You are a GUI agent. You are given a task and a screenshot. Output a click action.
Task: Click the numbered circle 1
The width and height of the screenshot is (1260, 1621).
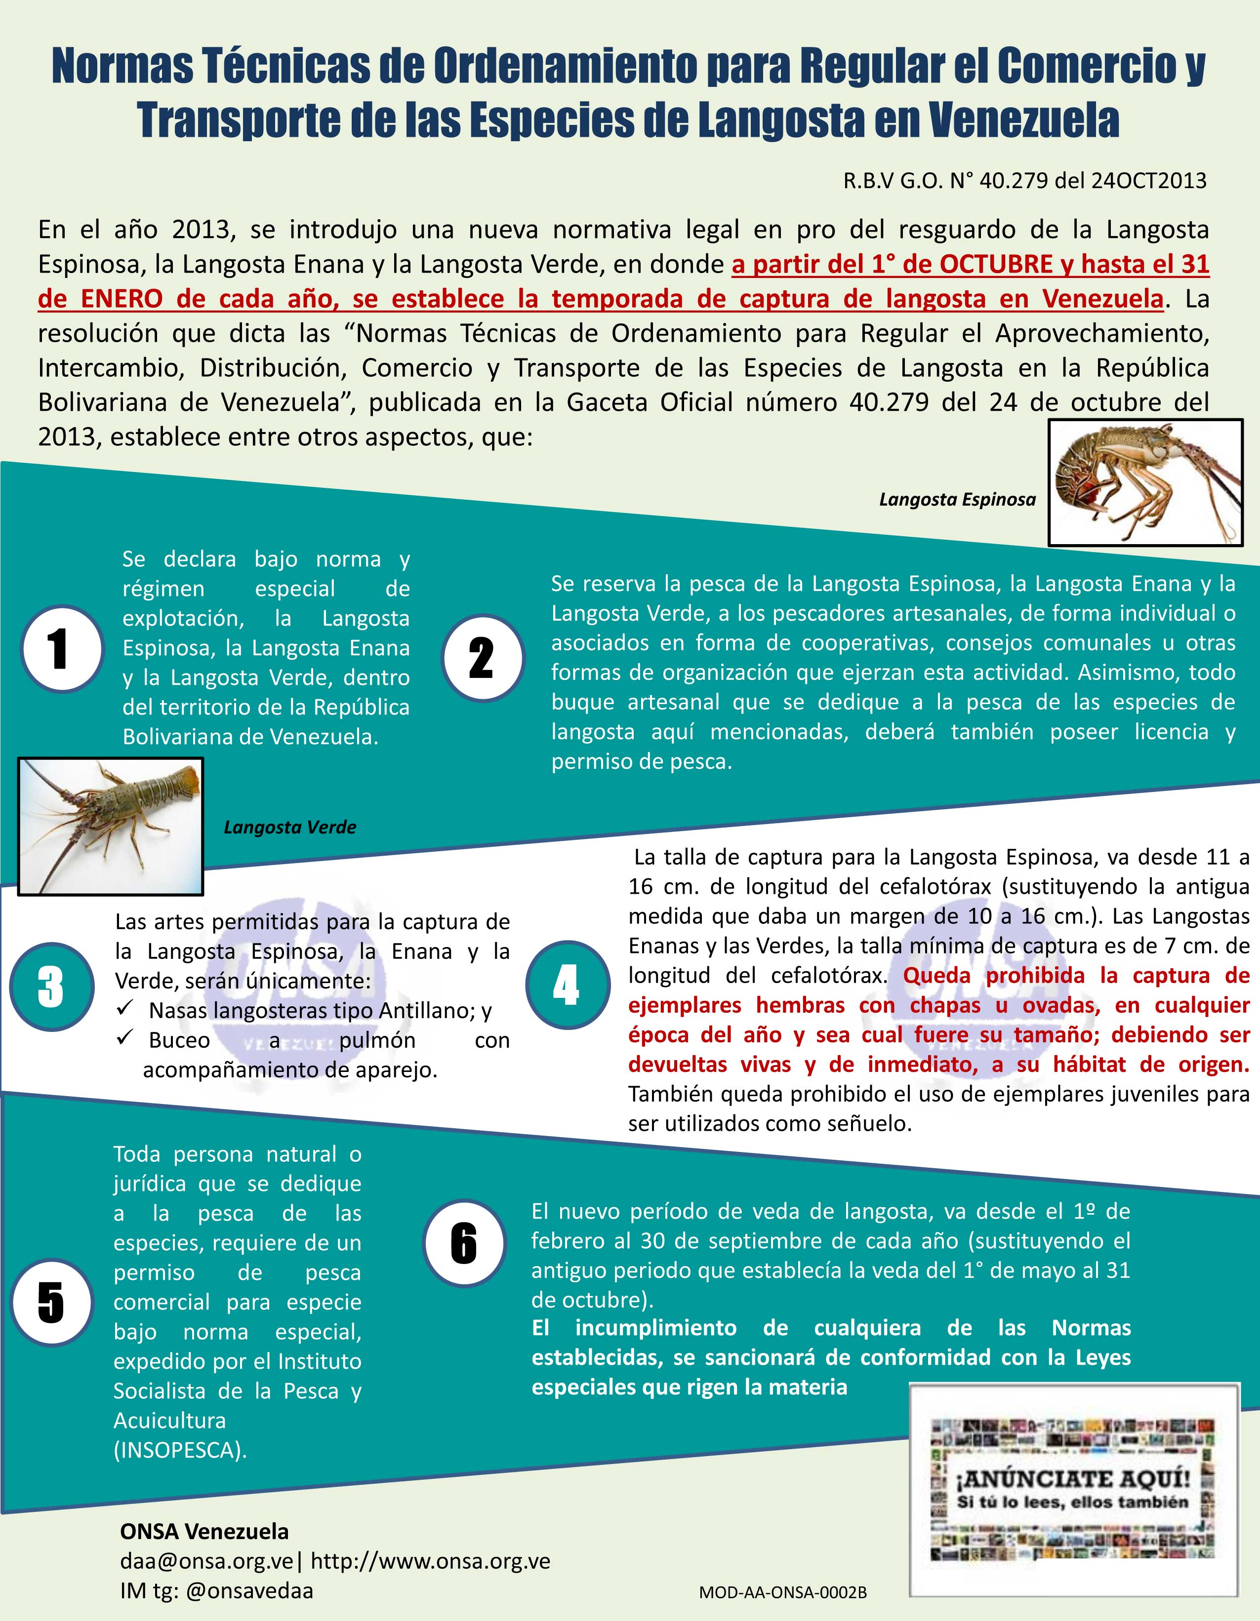tap(62, 648)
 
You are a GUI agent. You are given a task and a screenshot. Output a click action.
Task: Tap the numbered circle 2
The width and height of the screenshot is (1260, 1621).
tap(483, 658)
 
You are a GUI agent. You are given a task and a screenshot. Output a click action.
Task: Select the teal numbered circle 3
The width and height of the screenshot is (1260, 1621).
tap(52, 987)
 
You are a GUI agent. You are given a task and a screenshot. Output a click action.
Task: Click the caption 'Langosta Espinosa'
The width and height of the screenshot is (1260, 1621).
tap(957, 500)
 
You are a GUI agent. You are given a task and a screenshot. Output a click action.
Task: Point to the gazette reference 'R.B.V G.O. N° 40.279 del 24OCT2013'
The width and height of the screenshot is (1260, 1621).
tap(1024, 180)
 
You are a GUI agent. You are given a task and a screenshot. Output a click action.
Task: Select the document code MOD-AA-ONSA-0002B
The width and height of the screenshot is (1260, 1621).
tap(782, 1593)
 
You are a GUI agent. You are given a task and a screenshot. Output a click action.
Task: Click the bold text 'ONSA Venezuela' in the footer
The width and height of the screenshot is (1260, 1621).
tap(204, 1531)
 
